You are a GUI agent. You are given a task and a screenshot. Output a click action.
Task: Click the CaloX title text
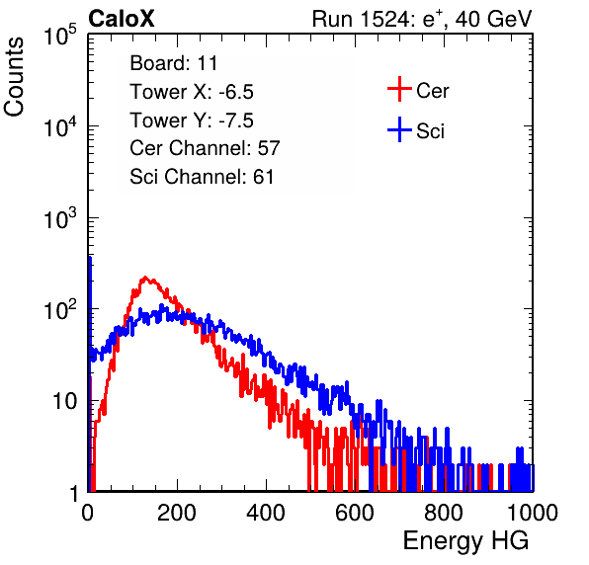121,19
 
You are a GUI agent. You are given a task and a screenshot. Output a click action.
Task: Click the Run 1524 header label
422,19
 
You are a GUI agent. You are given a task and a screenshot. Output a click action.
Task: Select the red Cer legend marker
399,89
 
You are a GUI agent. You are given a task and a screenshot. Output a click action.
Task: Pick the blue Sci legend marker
399,129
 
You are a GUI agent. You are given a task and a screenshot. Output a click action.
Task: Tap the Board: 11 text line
174,63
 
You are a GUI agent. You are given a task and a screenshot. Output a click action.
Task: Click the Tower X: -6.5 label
192,92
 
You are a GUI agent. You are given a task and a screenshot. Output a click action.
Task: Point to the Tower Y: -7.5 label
192,121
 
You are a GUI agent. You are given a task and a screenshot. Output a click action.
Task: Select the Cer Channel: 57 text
205,148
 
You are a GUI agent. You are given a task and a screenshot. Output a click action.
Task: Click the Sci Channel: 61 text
202,177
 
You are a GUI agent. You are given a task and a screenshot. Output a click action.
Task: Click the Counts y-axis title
14,76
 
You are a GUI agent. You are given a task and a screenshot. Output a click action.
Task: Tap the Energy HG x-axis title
465,541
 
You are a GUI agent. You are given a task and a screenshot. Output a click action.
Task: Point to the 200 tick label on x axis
177,513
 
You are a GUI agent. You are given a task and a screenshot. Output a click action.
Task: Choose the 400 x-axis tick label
266,513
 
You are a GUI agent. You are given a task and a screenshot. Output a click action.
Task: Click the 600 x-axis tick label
355,513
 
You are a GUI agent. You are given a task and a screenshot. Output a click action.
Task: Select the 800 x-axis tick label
444,513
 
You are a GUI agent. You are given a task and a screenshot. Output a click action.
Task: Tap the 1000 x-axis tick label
533,513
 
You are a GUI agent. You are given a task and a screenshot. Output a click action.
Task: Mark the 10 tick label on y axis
64,401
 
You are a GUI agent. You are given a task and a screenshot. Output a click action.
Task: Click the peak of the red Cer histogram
145,278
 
